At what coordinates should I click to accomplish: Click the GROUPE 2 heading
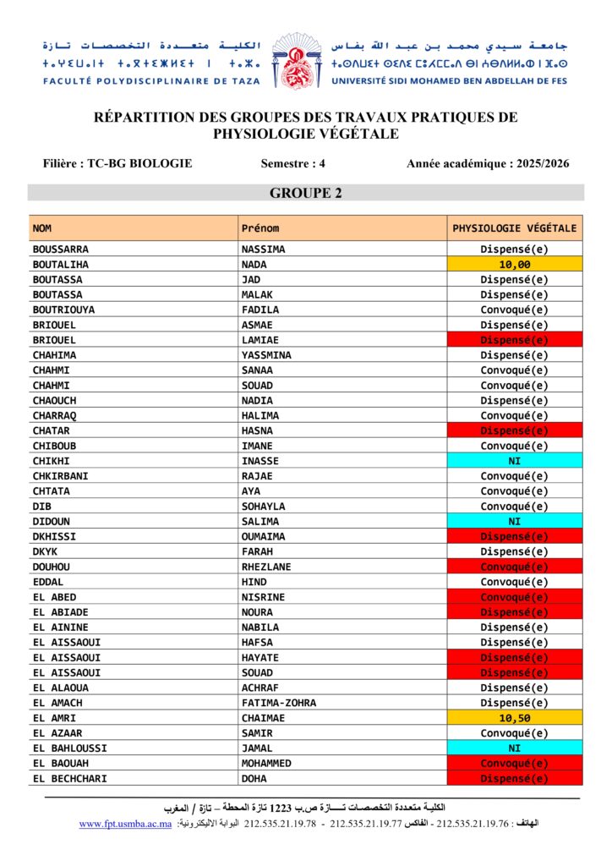point(306,194)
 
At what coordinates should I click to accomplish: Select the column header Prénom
point(260,228)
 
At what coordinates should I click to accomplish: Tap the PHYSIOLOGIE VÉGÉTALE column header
point(515,228)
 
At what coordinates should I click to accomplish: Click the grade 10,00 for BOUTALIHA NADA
point(515,265)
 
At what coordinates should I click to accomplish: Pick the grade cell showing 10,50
point(515,718)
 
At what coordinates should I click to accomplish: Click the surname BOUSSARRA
point(60,249)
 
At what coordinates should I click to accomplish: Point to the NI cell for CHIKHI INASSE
point(515,461)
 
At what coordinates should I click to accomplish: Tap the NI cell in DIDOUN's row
point(515,522)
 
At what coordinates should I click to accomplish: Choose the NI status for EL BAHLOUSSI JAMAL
point(515,748)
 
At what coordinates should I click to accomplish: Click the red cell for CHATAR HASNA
point(515,430)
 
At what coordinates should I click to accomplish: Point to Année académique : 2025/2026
point(488,163)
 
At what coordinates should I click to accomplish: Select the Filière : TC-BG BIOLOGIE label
point(117,163)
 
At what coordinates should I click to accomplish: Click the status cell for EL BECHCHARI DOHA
point(515,779)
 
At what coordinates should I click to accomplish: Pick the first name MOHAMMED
point(266,764)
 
